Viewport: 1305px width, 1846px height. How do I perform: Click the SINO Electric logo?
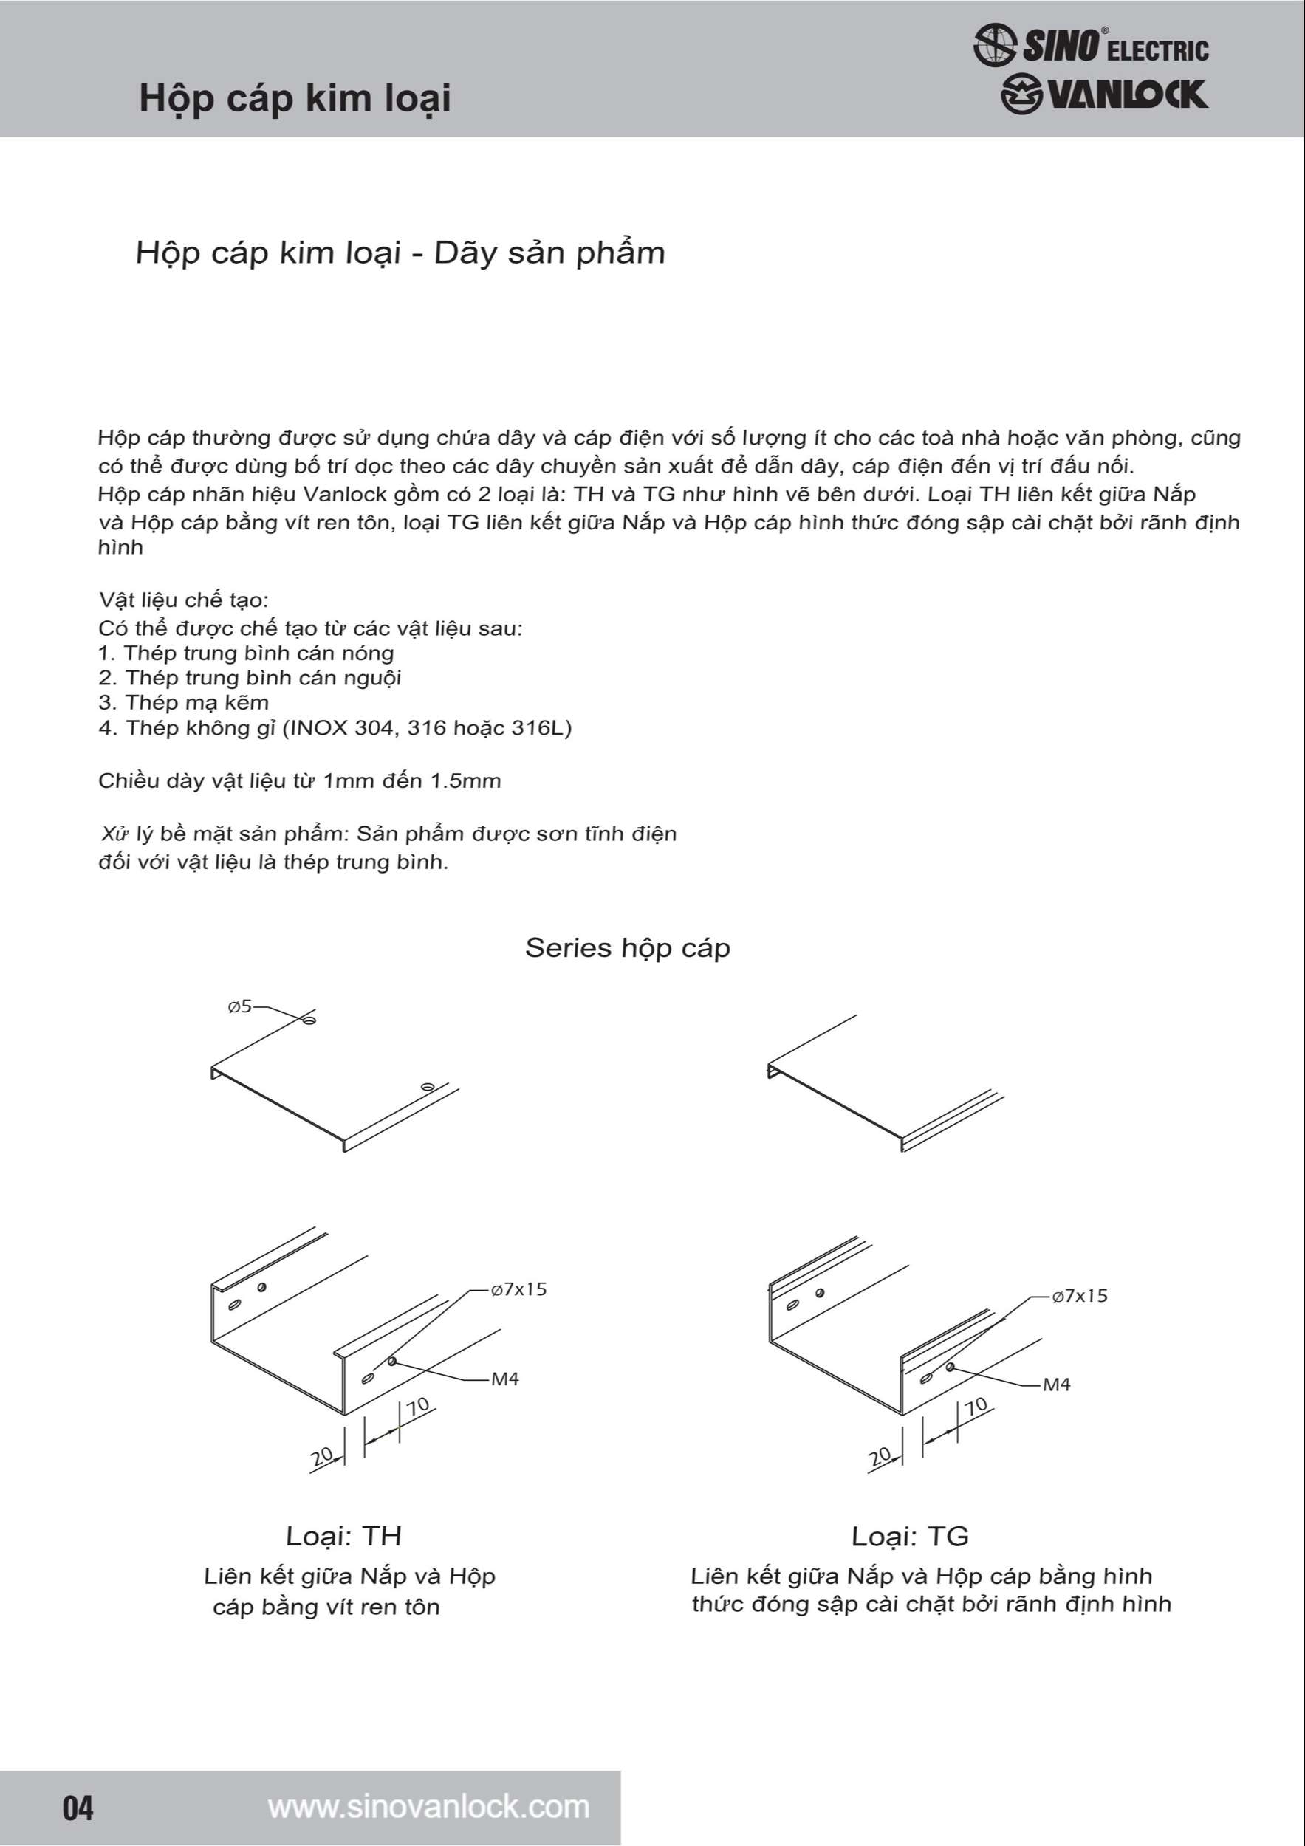coord(1090,46)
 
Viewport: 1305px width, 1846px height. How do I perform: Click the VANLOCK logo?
coord(1104,95)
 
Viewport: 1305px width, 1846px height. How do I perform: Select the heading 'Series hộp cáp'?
coord(627,947)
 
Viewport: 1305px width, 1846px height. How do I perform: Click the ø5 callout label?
coord(239,1006)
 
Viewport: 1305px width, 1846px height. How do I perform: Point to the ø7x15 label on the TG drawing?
coord(1080,1295)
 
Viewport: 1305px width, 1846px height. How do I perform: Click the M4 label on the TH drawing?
coord(505,1379)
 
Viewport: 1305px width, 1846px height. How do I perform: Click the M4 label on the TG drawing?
coord(1057,1384)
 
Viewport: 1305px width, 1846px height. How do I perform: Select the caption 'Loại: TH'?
coord(343,1536)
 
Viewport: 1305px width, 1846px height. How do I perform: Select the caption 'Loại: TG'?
coord(909,1537)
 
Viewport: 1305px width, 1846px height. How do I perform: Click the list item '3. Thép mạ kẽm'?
coord(183,702)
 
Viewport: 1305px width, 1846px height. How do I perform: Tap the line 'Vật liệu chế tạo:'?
coord(183,600)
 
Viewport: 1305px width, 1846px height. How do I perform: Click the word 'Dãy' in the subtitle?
coord(462,253)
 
